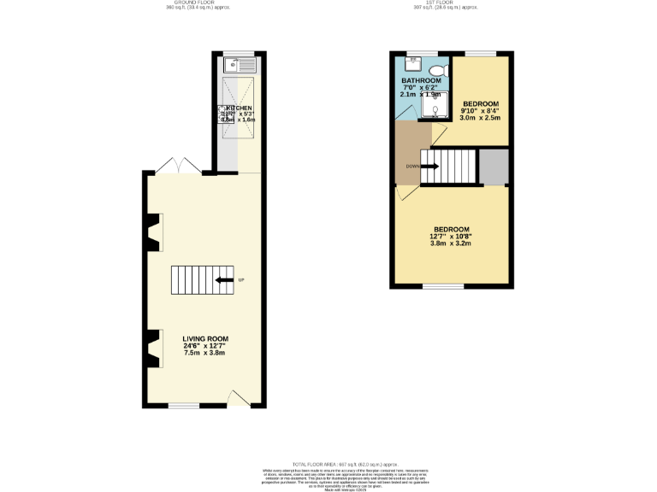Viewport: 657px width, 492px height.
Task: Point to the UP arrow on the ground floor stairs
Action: (226, 280)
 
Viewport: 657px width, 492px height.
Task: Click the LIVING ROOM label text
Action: (204, 339)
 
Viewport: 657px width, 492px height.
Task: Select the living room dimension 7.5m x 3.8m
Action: (205, 353)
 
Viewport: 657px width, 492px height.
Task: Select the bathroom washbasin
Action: (411, 63)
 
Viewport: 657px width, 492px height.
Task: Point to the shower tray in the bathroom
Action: (437, 108)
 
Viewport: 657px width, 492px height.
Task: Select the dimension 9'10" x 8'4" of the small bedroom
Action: (480, 110)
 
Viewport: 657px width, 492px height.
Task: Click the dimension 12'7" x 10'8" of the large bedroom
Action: (451, 237)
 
